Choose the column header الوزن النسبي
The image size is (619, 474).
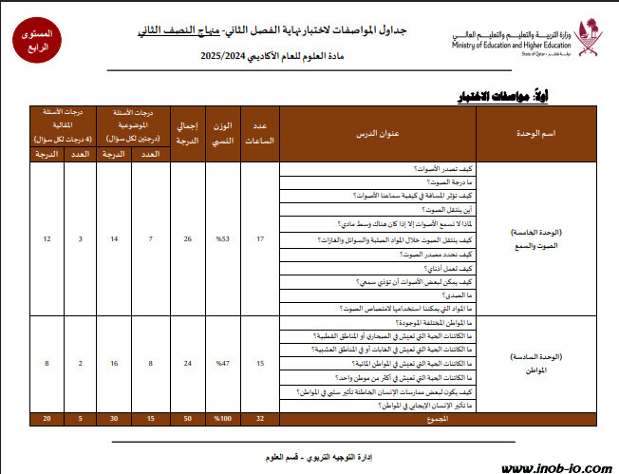(x=224, y=134)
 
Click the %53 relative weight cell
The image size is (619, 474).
(x=224, y=237)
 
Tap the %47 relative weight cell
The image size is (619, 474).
(x=224, y=364)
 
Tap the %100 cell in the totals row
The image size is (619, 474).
(x=224, y=419)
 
